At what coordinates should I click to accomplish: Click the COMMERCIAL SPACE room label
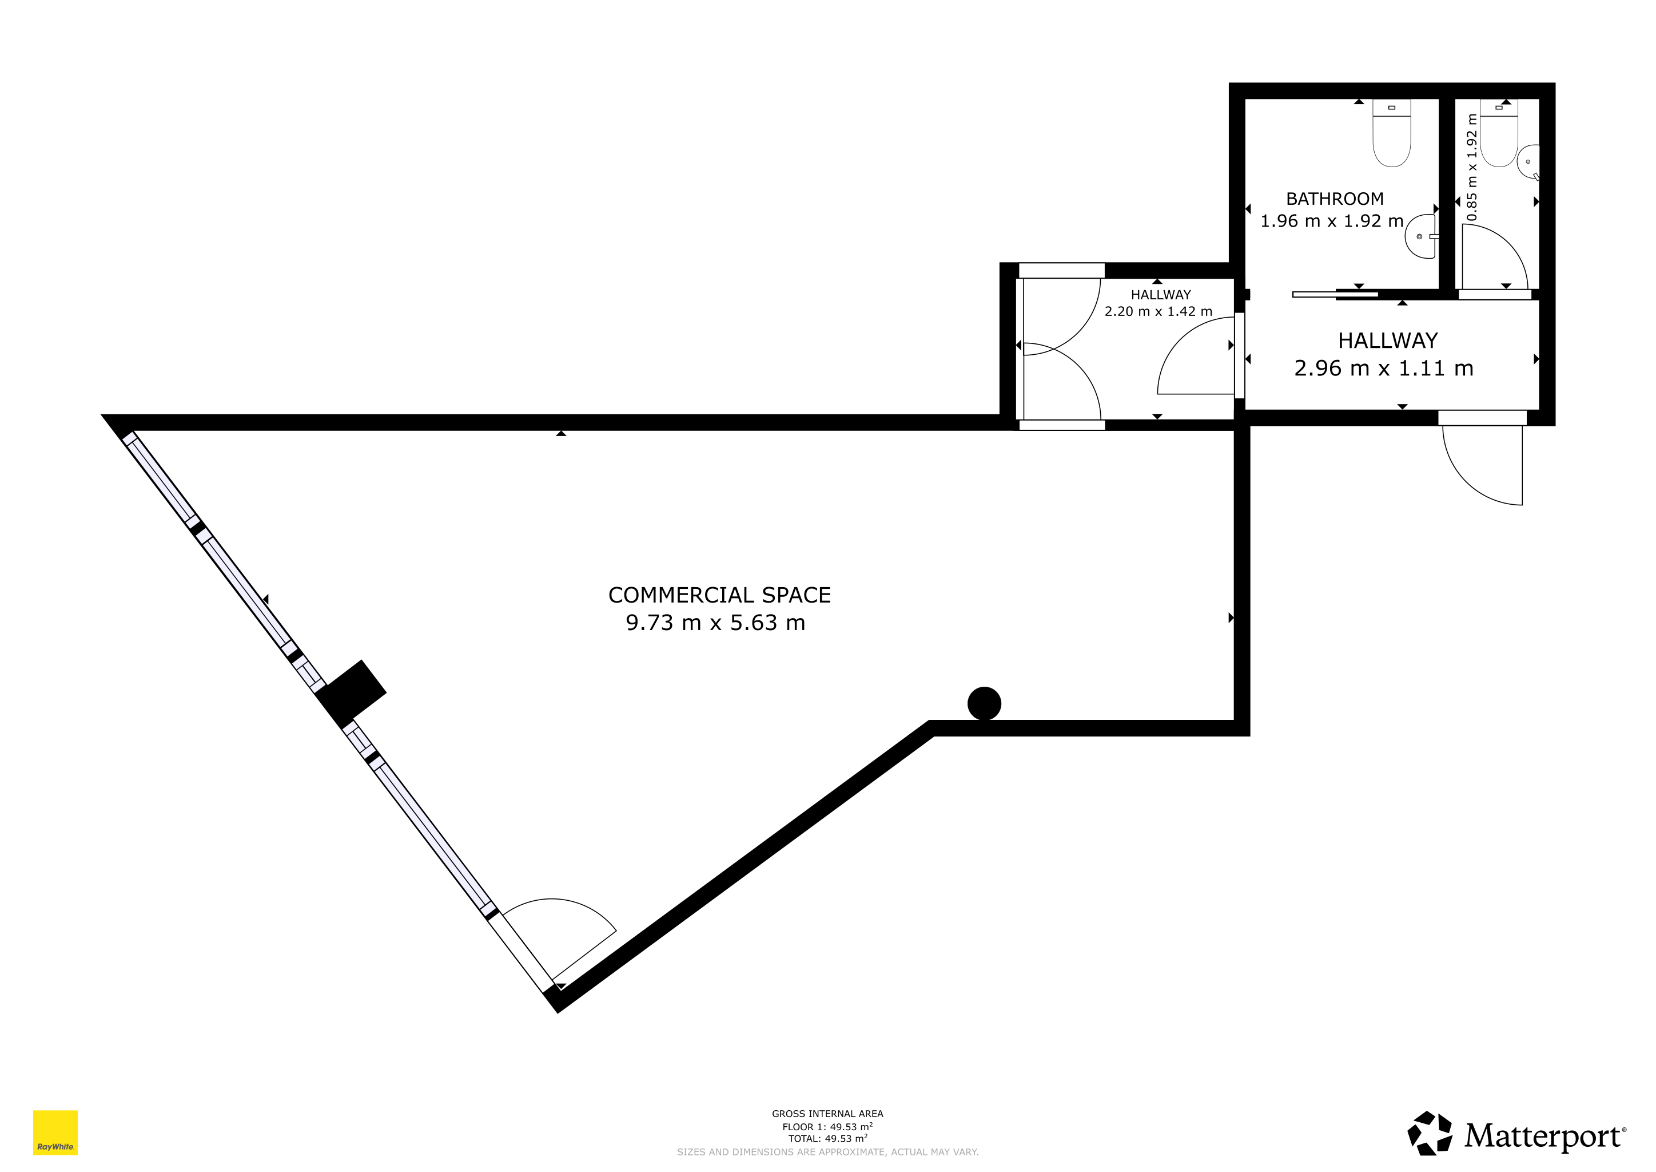tap(719, 595)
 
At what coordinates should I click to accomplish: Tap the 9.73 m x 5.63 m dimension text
tap(715, 623)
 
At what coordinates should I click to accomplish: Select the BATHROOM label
tap(1334, 199)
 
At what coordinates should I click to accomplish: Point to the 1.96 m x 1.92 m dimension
tap(1331, 221)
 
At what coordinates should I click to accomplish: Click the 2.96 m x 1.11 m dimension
tap(1383, 368)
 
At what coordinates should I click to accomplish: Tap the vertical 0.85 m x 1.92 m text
tap(1472, 168)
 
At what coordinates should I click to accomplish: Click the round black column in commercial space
tap(984, 703)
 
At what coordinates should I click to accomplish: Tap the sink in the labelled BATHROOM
tap(1421, 236)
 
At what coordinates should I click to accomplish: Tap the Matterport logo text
tap(1543, 1136)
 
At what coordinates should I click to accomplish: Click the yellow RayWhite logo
tap(55, 1133)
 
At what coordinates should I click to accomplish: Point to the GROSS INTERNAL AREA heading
tap(827, 1114)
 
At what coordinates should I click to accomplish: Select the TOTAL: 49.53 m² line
tap(827, 1139)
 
